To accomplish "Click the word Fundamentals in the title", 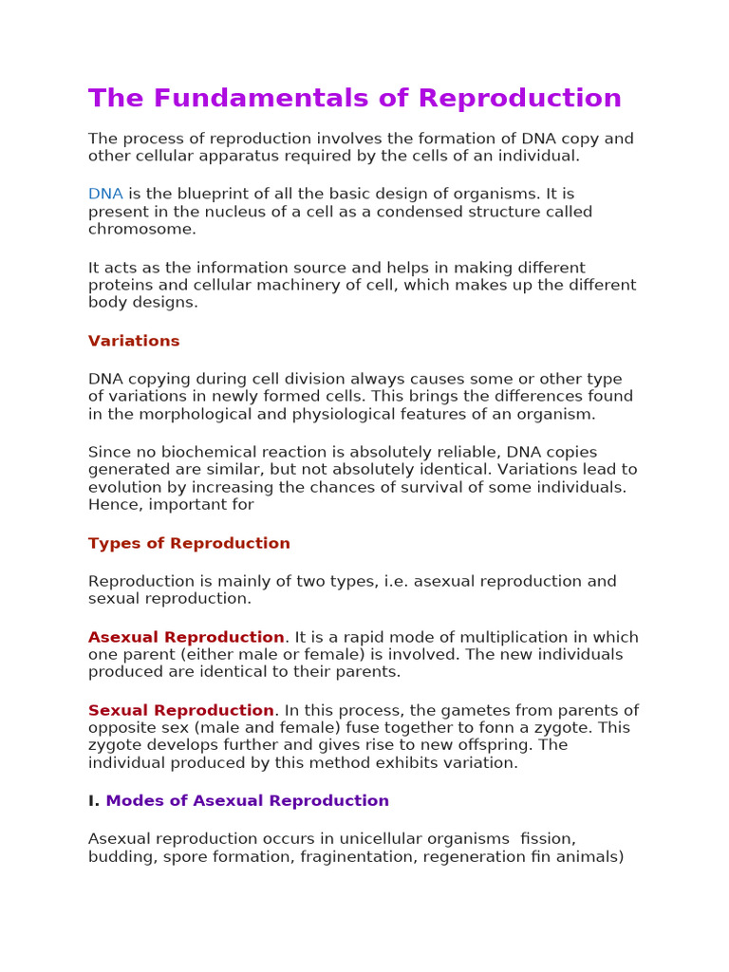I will (x=278, y=99).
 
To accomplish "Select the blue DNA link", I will (x=105, y=194).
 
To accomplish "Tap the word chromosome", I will (x=142, y=229).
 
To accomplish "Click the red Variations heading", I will (x=134, y=341).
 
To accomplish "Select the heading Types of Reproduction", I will (x=189, y=543).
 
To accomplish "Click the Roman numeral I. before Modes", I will (x=93, y=800).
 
